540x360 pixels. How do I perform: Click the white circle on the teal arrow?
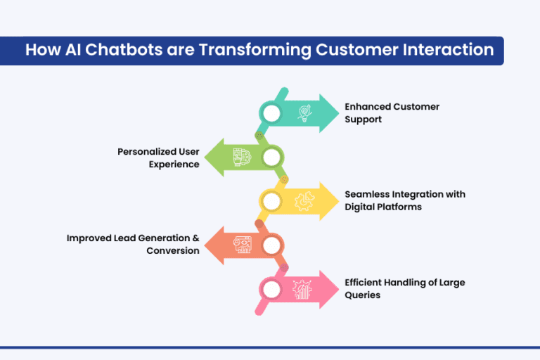pyautogui.click(x=271, y=113)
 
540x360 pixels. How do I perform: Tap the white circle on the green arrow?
pyautogui.click(x=271, y=157)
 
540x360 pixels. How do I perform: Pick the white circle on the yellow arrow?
pyautogui.click(x=271, y=202)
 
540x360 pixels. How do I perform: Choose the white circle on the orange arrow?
pyautogui.click(x=271, y=245)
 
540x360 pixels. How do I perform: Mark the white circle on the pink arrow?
pyautogui.click(x=271, y=289)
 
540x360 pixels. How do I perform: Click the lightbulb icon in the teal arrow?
pyautogui.click(x=304, y=113)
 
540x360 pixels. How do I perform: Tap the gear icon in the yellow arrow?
pyautogui.click(x=304, y=202)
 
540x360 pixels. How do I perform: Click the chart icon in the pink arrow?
pyautogui.click(x=304, y=289)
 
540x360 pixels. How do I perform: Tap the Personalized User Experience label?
pyautogui.click(x=158, y=157)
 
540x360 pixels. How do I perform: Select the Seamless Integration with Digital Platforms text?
pyautogui.click(x=404, y=200)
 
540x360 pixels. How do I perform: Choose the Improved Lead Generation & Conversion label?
pyautogui.click(x=133, y=244)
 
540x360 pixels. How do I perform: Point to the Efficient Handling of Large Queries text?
pyautogui.click(x=404, y=288)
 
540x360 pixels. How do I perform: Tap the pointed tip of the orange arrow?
pyautogui.click(x=206, y=245)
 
